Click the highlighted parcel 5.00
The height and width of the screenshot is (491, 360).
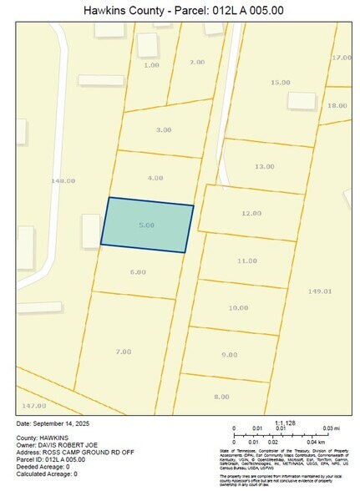click(147, 225)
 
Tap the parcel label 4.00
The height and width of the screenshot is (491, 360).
click(155, 178)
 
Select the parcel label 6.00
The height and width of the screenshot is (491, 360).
click(138, 272)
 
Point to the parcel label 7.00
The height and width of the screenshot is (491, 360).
click(123, 352)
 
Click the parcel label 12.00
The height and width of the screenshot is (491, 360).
click(251, 214)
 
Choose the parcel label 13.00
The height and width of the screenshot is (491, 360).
click(264, 166)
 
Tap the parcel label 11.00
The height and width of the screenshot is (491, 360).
click(246, 261)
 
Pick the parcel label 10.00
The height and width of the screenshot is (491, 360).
click(238, 307)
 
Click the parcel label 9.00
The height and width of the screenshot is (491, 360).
click(230, 355)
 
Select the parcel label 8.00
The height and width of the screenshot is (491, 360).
click(221, 396)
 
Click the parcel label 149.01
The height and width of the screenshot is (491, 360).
click(320, 291)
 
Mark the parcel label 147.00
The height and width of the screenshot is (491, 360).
click(33, 405)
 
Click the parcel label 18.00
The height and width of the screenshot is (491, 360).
click(337, 105)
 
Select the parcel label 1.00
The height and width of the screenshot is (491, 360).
click(151, 64)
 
